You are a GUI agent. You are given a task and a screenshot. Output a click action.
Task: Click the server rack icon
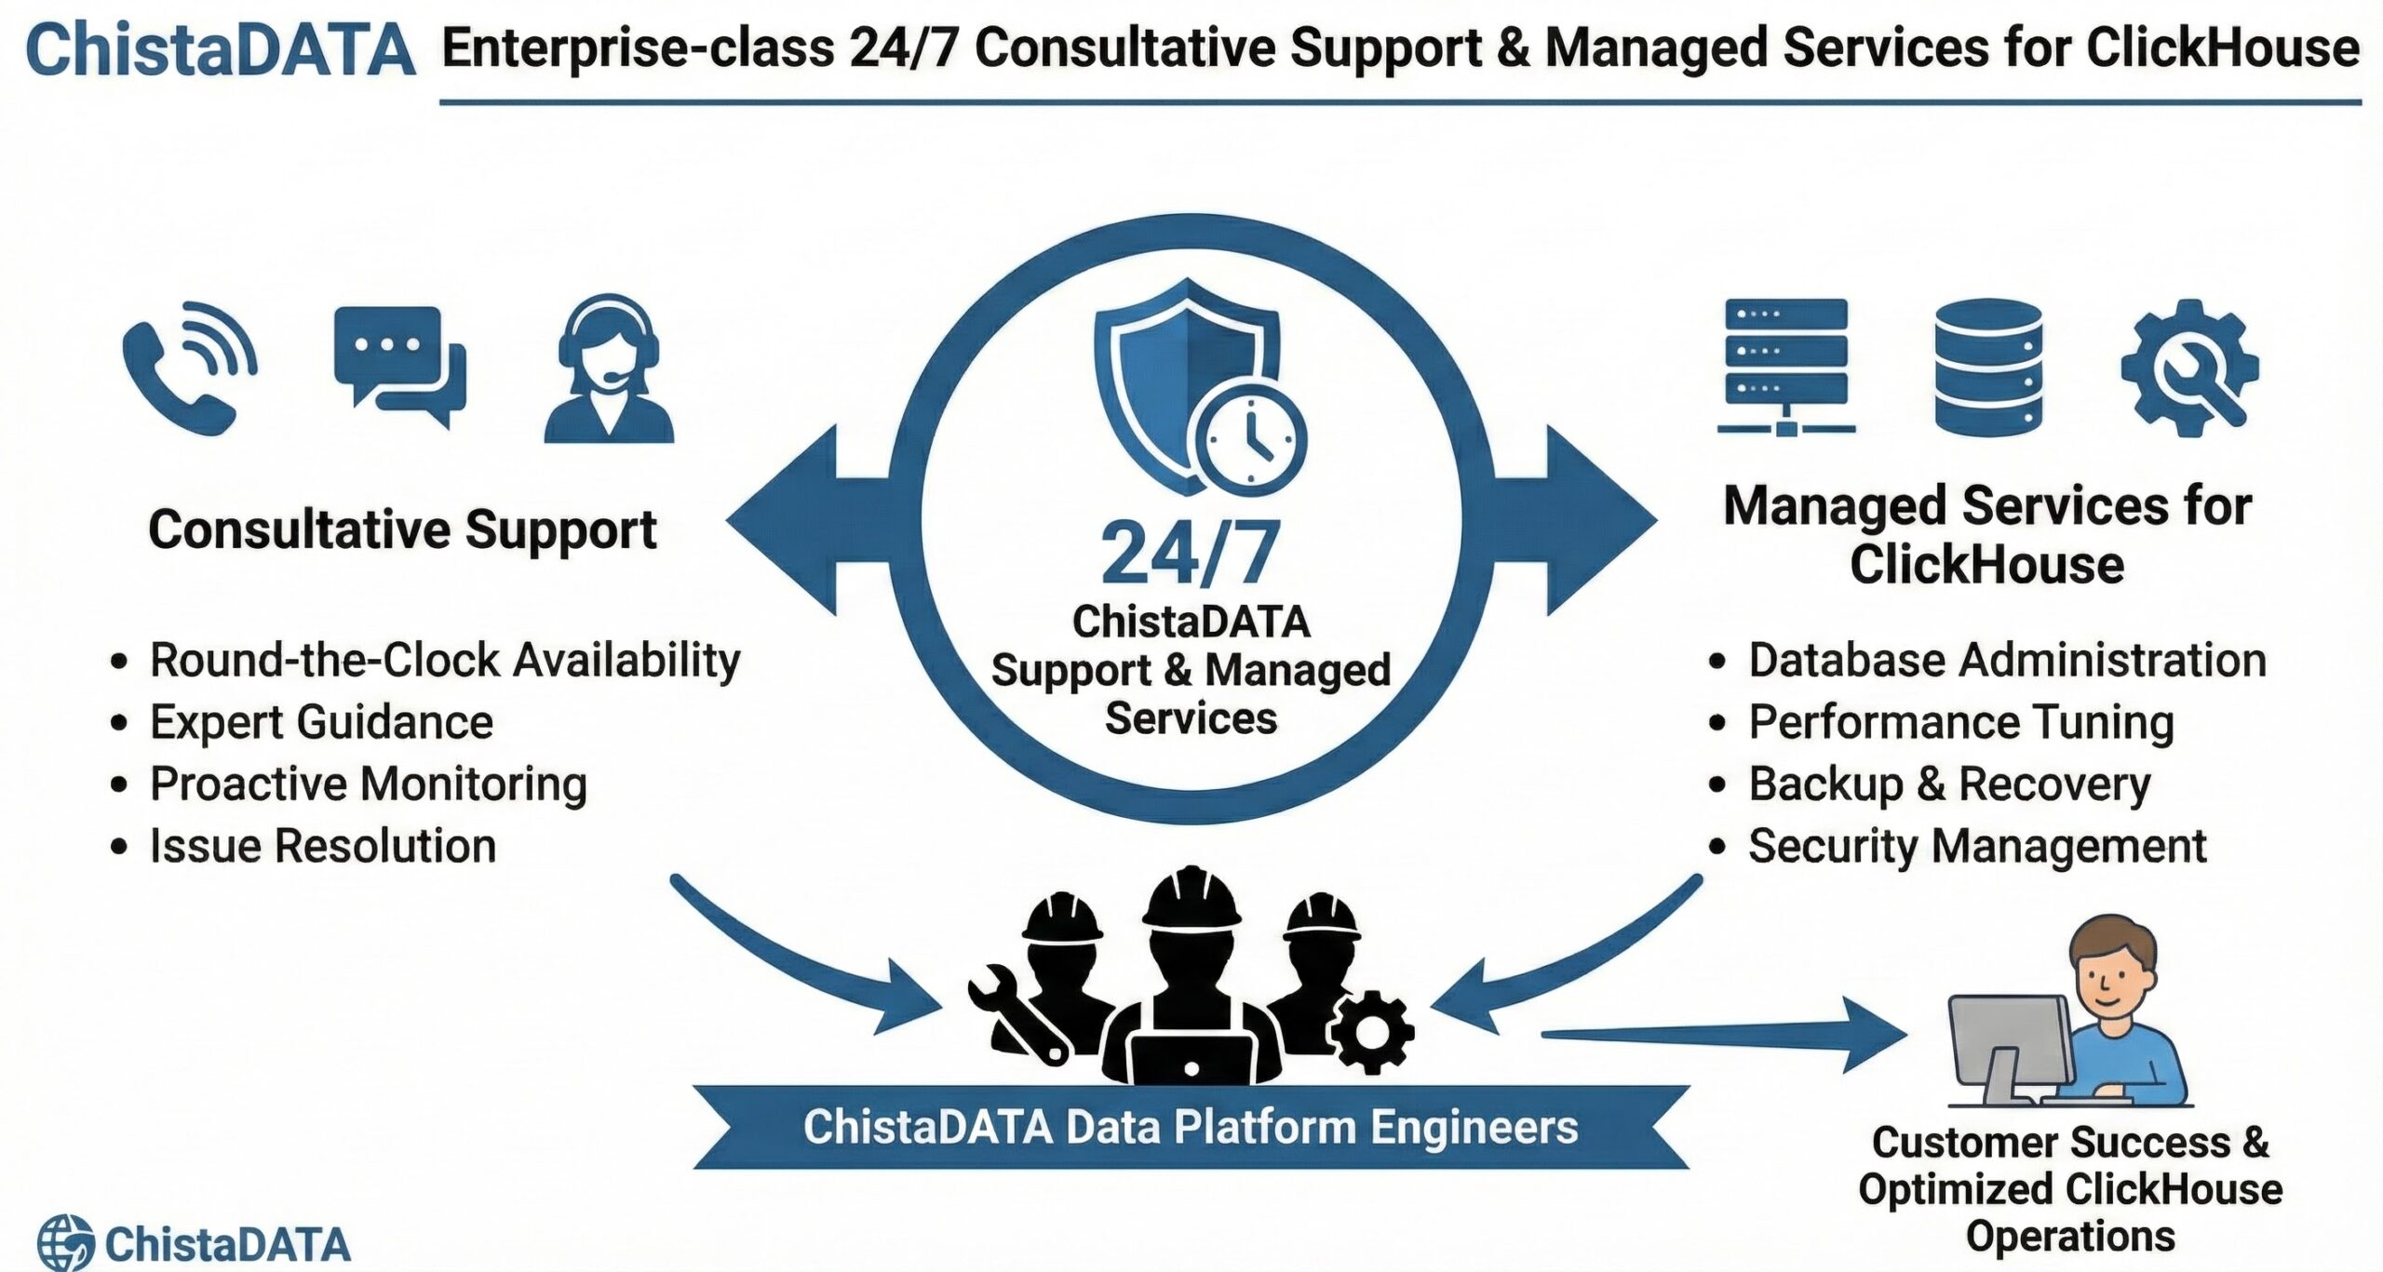(x=1785, y=366)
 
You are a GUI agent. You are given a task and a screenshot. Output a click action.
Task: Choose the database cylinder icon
(x=1988, y=368)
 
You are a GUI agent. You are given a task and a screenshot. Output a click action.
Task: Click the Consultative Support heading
(x=402, y=530)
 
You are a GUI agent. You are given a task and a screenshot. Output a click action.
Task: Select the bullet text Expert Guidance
(x=321, y=722)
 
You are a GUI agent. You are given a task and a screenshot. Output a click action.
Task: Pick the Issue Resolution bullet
(x=322, y=846)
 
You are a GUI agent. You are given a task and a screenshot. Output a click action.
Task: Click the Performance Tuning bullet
(x=1960, y=722)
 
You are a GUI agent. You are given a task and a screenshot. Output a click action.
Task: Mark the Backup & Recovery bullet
(x=1949, y=783)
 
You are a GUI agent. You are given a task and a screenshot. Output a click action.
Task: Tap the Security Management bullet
(x=1976, y=846)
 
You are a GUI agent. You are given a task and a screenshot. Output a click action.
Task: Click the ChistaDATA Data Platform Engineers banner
(x=1191, y=1127)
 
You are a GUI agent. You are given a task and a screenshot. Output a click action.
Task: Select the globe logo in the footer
(x=65, y=1242)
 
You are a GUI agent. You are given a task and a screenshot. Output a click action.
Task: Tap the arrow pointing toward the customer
(x=1722, y=1034)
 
